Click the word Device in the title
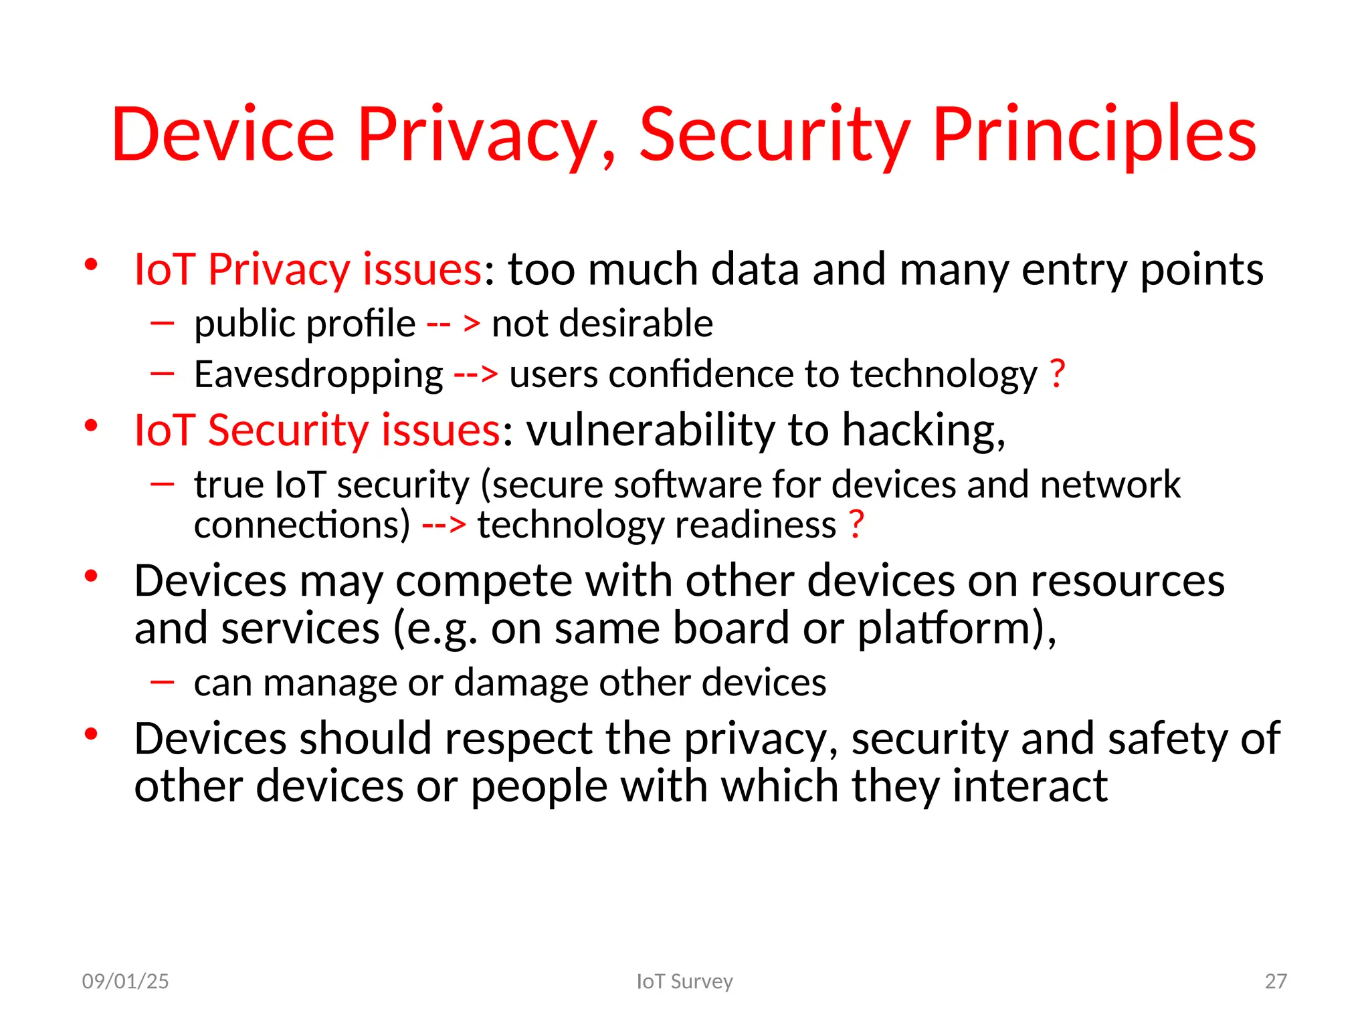coord(223,135)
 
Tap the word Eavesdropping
coord(318,374)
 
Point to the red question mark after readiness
coord(856,524)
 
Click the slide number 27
coord(1276,981)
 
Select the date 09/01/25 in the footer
coord(125,981)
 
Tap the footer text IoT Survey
coord(684,981)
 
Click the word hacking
coord(923,431)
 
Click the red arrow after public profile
coord(454,324)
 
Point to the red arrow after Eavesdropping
coord(476,374)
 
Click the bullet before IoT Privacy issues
coord(92,265)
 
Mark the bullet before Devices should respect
coord(92,734)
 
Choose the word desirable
coord(635,324)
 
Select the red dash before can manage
coord(163,682)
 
